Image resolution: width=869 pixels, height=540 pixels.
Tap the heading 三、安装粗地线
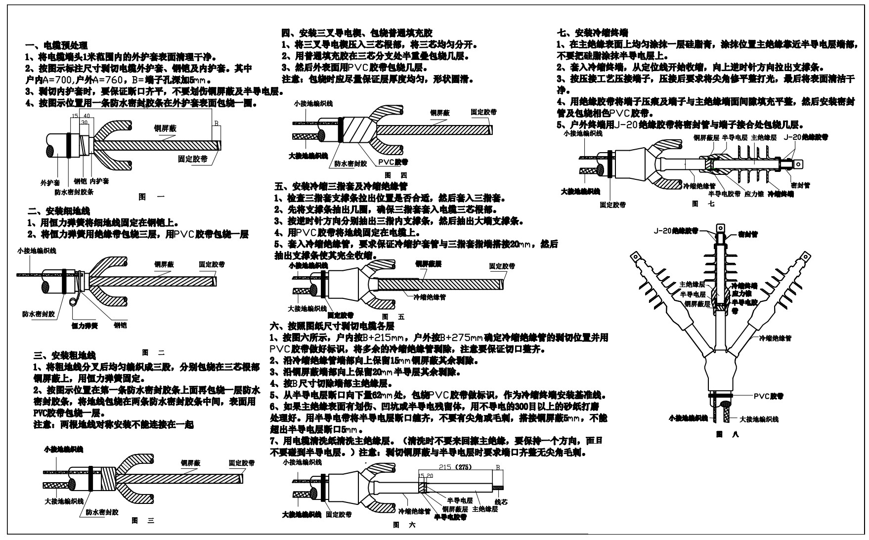tap(64, 355)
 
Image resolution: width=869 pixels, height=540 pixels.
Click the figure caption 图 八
tap(727, 435)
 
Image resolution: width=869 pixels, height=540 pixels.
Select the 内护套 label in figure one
tap(99, 181)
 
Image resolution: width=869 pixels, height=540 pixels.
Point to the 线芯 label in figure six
tap(501, 502)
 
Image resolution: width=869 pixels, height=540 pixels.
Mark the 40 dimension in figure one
tap(87, 116)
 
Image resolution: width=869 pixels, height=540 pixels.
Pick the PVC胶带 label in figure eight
tap(768, 396)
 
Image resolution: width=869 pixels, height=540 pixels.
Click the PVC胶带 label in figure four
tap(393, 162)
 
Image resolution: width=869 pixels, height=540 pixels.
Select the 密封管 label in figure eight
tap(748, 233)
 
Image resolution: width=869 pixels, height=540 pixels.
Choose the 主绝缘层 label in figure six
tap(484, 509)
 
